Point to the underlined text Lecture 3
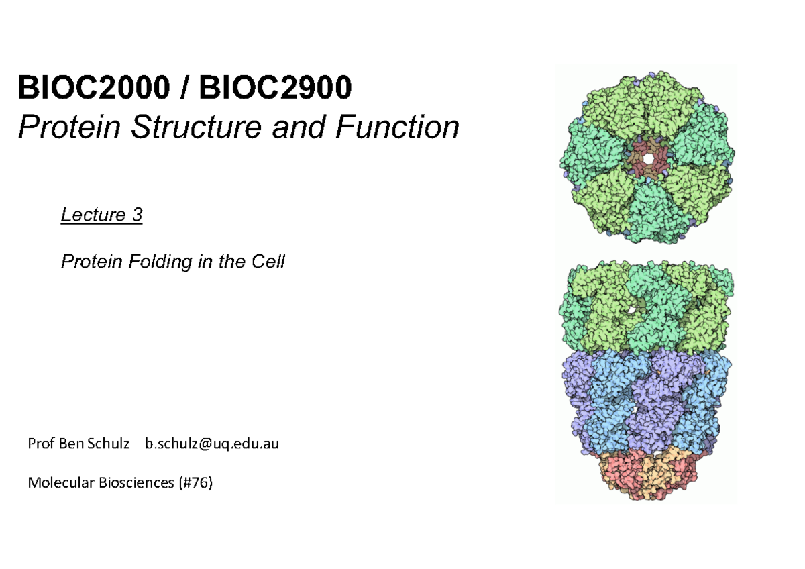tap(101, 215)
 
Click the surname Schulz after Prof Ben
tap(109, 444)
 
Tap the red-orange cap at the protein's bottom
tap(646, 472)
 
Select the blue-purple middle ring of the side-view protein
tap(646, 399)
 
